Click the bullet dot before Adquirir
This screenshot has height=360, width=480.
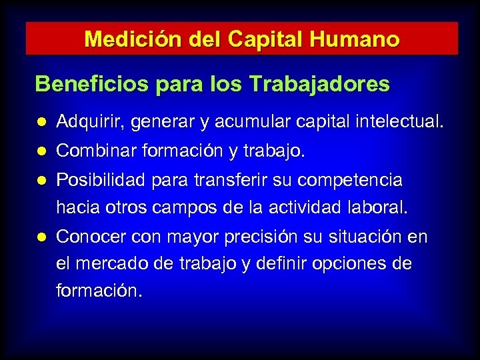click(41, 123)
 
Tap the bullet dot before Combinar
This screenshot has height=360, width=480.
click(41, 152)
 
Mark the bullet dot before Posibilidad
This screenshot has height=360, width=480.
click(41, 181)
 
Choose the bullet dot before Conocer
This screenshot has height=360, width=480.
click(41, 237)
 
